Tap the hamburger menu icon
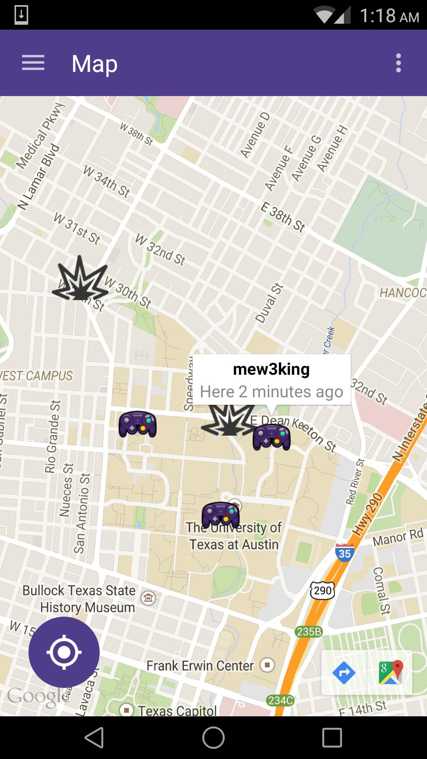[x=33, y=63]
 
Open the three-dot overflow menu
[x=398, y=63]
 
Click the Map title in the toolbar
[x=94, y=64]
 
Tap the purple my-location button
[x=64, y=652]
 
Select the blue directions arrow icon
[x=344, y=672]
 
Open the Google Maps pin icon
[x=391, y=672]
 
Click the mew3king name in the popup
[x=271, y=369]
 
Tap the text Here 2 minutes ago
[x=271, y=392]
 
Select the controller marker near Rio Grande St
[x=138, y=424]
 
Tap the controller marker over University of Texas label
[x=221, y=515]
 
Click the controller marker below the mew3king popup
[x=272, y=437]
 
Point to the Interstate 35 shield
[x=344, y=552]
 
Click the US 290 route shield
[x=323, y=591]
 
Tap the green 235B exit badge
[x=309, y=632]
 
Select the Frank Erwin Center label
[x=200, y=666]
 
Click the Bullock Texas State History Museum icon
[x=148, y=598]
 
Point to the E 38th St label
[x=283, y=217]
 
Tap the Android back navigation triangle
[x=95, y=738]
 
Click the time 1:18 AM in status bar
[x=389, y=16]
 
